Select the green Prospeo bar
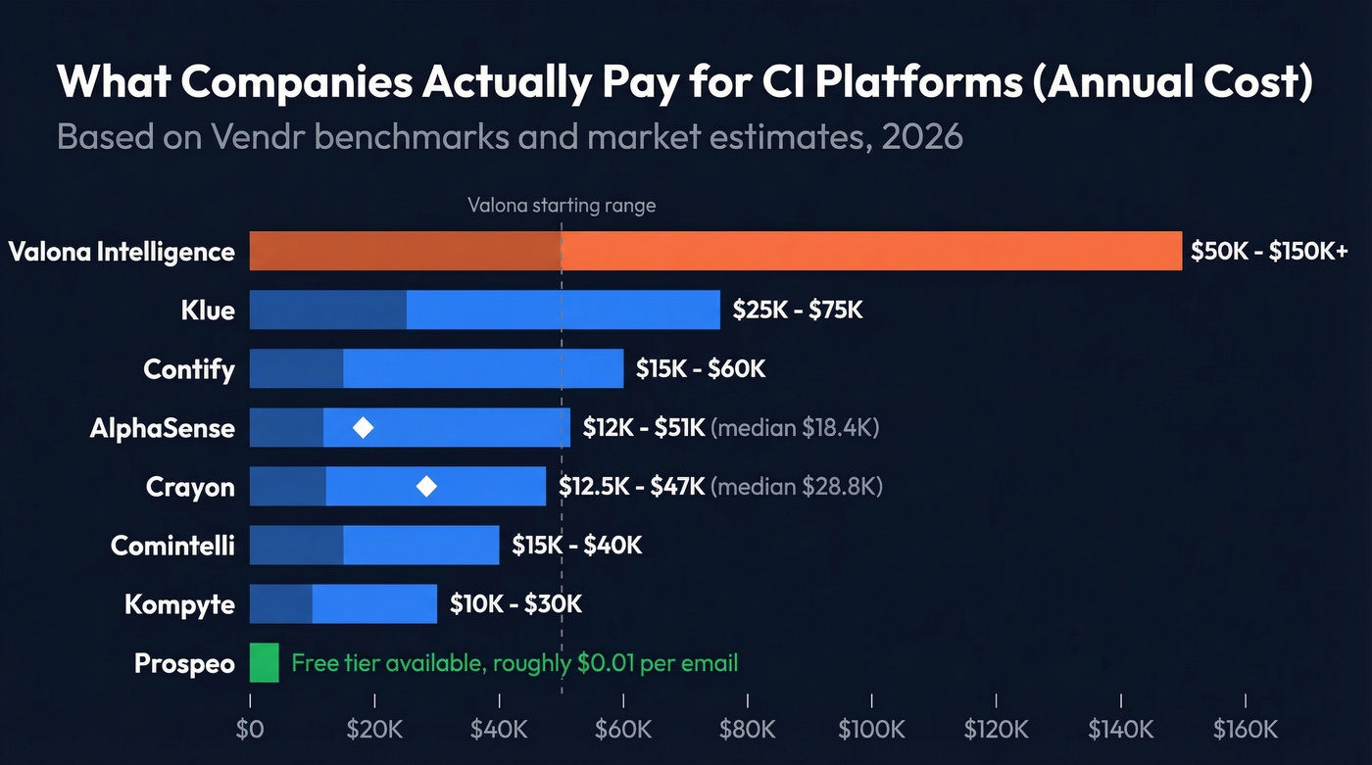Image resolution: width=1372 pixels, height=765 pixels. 265,662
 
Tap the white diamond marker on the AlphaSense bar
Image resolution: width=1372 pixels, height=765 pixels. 363,428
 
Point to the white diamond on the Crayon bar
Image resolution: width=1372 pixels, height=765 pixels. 426,486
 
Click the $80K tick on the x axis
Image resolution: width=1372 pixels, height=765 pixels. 747,729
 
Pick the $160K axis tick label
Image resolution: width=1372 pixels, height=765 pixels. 1245,729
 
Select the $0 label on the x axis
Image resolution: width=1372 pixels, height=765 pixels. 250,729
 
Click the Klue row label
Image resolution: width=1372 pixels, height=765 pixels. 208,311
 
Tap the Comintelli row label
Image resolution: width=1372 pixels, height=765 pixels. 172,545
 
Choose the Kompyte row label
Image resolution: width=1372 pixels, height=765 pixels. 179,603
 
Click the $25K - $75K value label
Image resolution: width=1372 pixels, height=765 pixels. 798,311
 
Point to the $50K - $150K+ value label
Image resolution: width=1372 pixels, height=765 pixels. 1269,251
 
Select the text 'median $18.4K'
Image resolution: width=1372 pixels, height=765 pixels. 795,428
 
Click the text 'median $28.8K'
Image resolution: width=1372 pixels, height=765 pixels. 797,486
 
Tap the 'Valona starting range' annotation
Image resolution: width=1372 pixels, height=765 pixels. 562,206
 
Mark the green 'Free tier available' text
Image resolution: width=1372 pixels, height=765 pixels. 514,663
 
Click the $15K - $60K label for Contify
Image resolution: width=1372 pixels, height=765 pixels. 700,369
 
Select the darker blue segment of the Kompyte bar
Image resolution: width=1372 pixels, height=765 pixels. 280,603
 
